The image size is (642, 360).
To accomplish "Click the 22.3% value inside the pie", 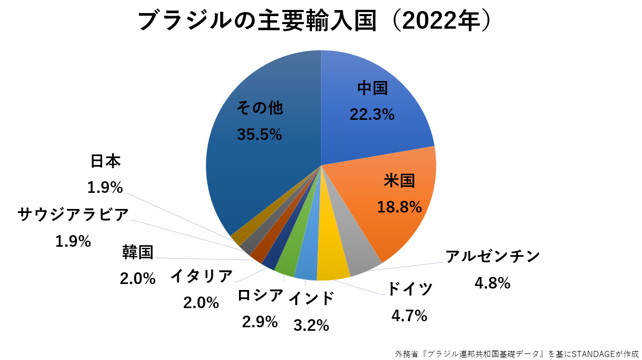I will click(372, 115).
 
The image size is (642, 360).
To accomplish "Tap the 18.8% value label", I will click(399, 206).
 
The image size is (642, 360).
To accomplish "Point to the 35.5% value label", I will click(259, 134).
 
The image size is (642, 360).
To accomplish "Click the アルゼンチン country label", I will click(493, 256).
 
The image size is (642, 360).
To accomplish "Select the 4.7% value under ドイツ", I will click(409, 316).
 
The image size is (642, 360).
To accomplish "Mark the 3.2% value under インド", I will click(311, 325).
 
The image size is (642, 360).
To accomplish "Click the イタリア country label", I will click(201, 276).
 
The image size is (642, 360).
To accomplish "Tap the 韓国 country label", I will click(137, 252).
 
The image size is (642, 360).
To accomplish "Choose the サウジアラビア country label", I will click(73, 215).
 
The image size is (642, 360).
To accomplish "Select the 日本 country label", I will click(106, 161).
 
